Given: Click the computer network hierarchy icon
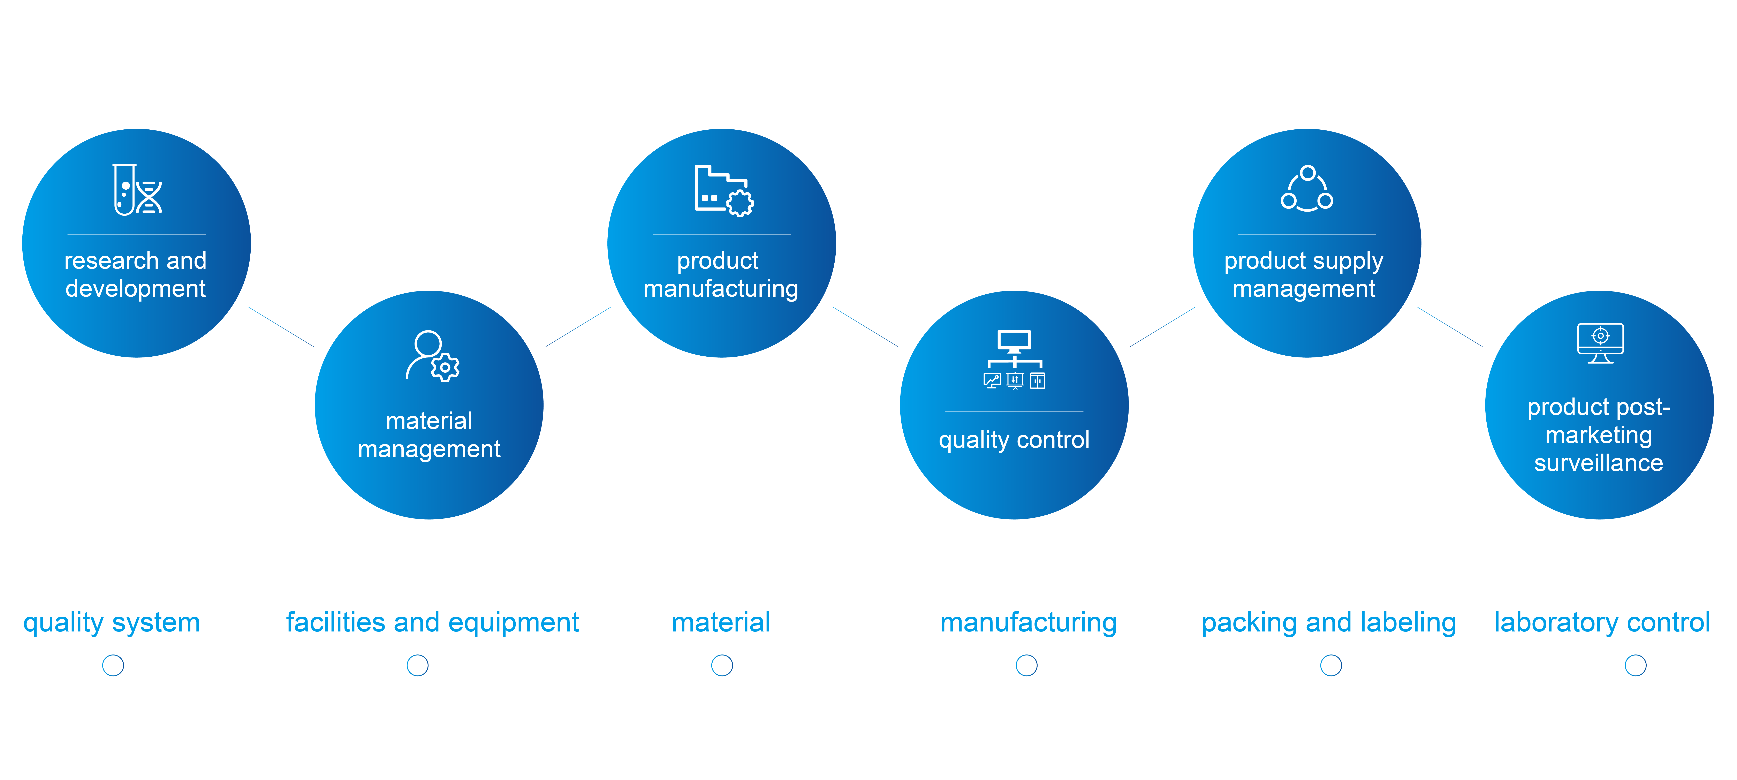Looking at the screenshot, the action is coord(1014,359).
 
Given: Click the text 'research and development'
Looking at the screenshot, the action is coord(136,274).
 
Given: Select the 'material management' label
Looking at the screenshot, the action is coord(429,435).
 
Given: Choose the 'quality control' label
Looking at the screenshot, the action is coord(1014,440).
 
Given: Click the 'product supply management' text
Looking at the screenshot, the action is coord(1303,274).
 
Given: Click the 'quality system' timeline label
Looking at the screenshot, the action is coord(112,622).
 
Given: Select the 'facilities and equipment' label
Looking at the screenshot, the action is coord(432,622).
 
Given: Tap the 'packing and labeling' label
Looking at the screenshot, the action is coord(1328,622).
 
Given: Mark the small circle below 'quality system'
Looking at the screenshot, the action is coord(113,665).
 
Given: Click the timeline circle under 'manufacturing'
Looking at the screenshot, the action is coord(1026,665).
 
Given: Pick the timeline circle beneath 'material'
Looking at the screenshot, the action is coord(722,665).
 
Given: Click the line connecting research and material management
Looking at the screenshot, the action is coord(281,327).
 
